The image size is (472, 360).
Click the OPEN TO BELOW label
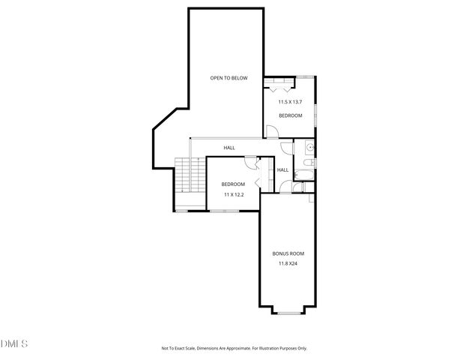[x=229, y=78]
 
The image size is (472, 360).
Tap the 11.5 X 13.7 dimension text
[x=290, y=102]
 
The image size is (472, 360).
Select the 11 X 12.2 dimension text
[x=233, y=194]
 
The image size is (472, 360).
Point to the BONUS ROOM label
[x=288, y=253]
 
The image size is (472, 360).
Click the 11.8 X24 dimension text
[x=288, y=264]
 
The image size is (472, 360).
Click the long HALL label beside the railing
[x=229, y=148]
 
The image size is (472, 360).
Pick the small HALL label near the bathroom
[x=282, y=170]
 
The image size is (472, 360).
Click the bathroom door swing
[x=288, y=148]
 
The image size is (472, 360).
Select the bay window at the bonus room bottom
[x=288, y=310]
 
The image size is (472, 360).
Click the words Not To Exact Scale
[x=184, y=348]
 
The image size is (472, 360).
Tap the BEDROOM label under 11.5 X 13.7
[x=290, y=115]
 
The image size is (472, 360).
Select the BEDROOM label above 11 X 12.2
[x=233, y=184]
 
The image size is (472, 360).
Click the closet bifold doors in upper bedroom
[x=279, y=83]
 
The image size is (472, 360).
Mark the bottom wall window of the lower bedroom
[x=224, y=211]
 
